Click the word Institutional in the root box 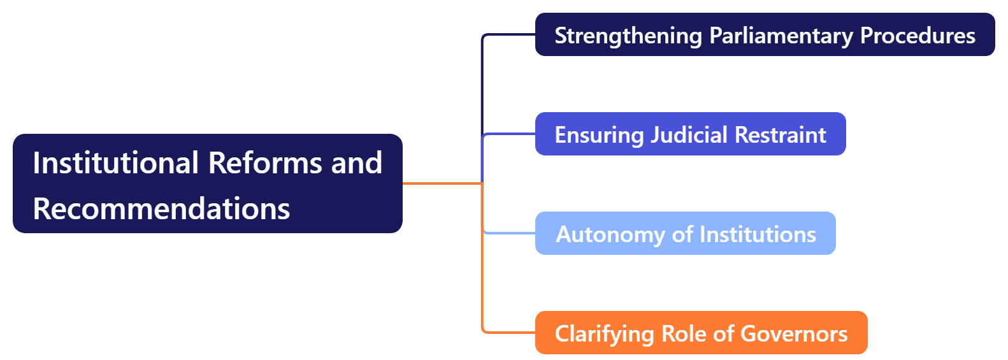(115, 163)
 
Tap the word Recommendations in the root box (161, 209)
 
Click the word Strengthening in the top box (628, 36)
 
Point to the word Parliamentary (781, 36)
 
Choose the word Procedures (918, 36)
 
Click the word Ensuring (599, 135)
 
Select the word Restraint (780, 135)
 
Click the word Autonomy (610, 234)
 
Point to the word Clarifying (604, 334)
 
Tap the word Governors (794, 334)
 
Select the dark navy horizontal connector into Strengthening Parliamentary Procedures (510, 34)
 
